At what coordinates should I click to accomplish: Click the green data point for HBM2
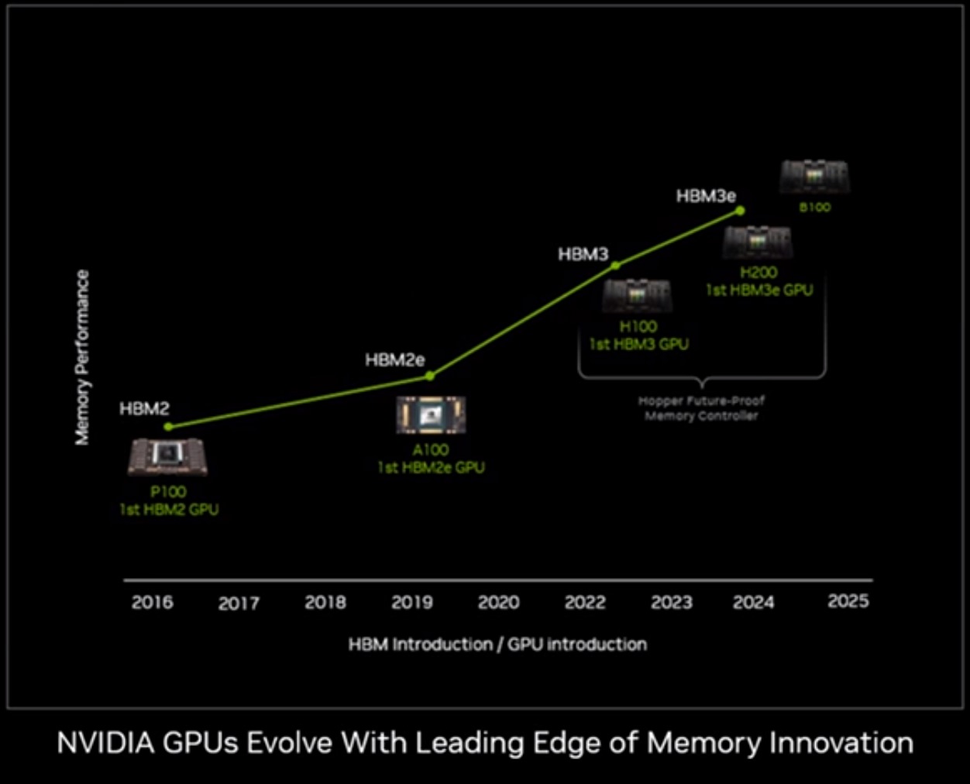[168, 427]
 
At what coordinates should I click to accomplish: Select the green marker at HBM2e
[430, 376]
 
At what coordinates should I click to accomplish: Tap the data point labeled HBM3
[615, 266]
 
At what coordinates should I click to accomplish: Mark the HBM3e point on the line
[740, 210]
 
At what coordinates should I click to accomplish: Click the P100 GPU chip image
[167, 457]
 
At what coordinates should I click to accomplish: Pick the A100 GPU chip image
[431, 415]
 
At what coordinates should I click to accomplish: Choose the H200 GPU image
[757, 242]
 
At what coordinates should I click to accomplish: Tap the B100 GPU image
[814, 177]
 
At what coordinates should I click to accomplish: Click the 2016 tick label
[153, 603]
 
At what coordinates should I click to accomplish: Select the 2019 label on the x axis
[412, 603]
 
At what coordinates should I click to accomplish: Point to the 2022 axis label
[585, 603]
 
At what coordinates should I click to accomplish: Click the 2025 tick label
[848, 602]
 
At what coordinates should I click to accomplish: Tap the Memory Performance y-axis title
[82, 357]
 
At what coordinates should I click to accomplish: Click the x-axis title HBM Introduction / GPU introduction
[497, 645]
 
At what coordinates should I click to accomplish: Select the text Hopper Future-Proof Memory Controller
[701, 408]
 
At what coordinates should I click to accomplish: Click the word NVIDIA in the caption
[105, 743]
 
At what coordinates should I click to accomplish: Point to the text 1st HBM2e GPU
[431, 468]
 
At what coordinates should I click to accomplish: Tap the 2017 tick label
[239, 603]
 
